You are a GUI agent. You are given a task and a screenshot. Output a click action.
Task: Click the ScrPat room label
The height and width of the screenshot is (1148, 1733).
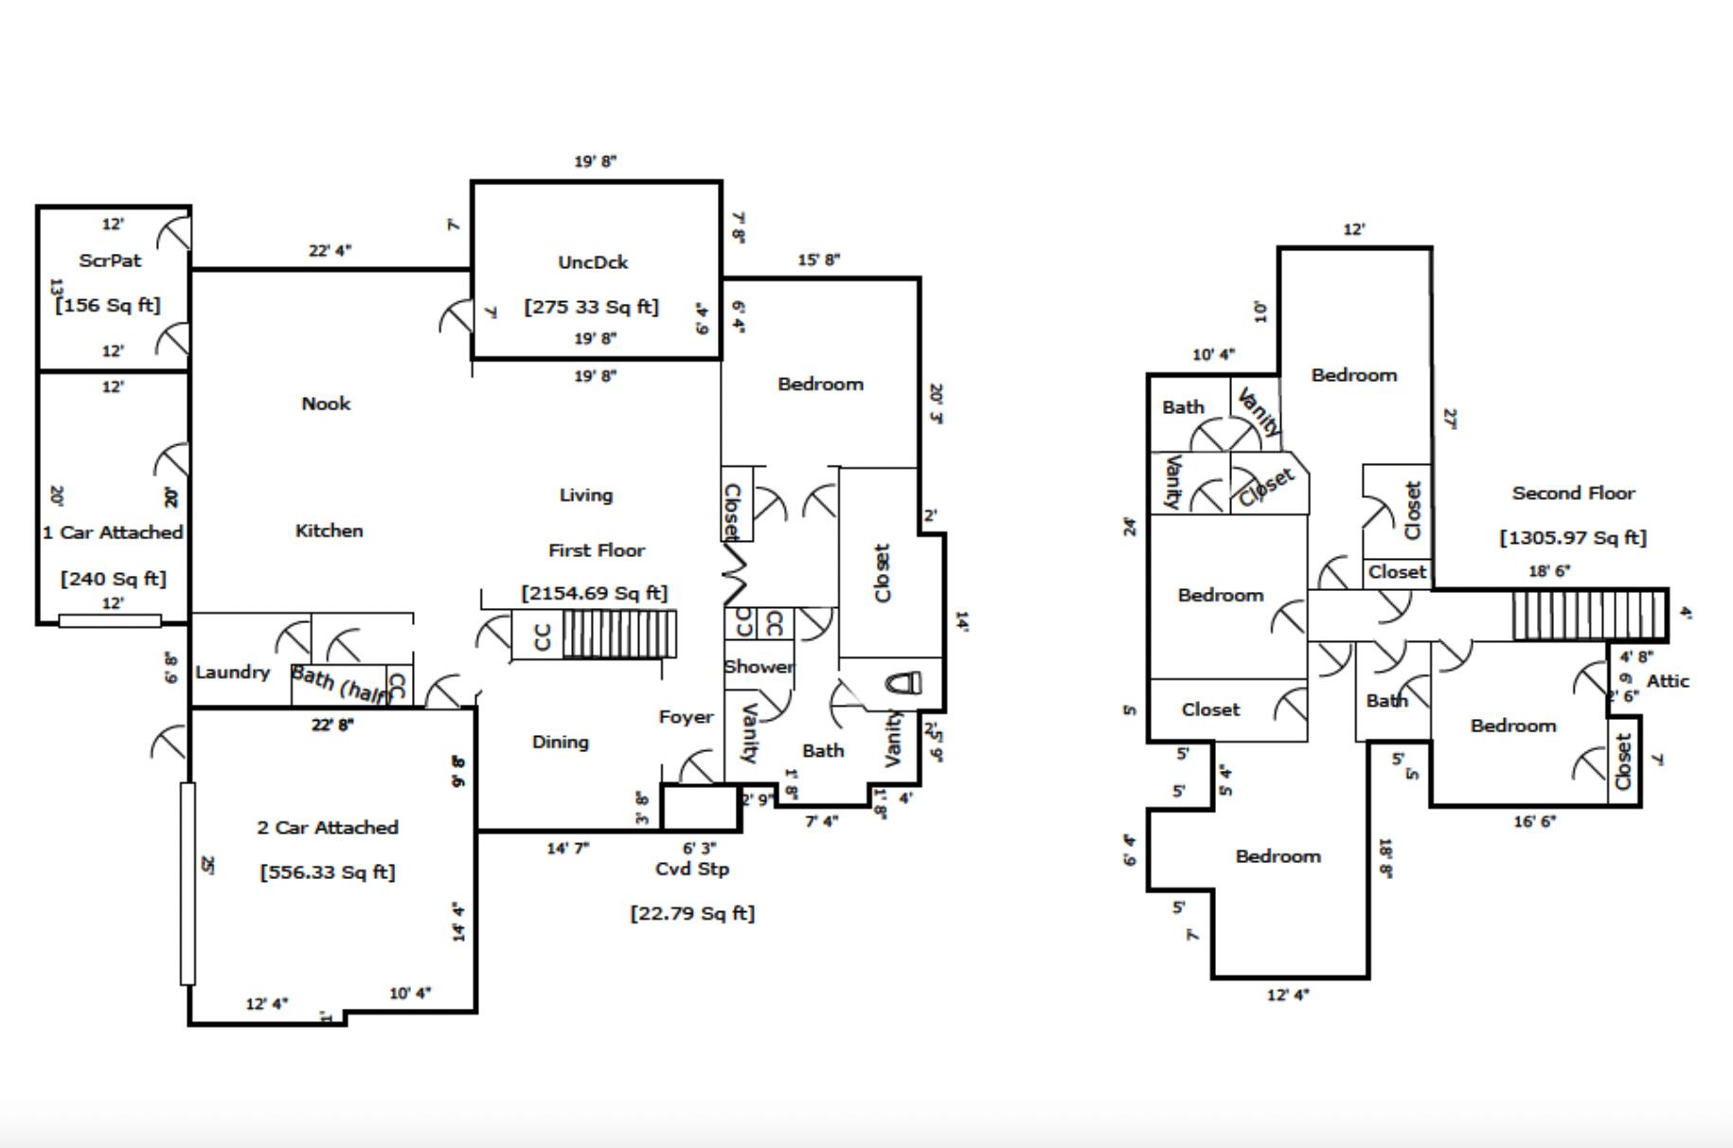(x=110, y=260)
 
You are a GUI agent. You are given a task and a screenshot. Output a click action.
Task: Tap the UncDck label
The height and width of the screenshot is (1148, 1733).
(x=593, y=262)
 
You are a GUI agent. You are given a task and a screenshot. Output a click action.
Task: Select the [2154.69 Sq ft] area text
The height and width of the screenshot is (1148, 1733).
(x=595, y=593)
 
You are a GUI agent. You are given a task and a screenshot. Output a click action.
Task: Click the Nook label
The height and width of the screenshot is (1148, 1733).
(x=326, y=404)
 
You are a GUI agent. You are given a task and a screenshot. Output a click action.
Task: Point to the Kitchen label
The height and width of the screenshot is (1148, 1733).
(x=329, y=530)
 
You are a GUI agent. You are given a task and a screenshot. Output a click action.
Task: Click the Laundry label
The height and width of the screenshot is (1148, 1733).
(x=232, y=673)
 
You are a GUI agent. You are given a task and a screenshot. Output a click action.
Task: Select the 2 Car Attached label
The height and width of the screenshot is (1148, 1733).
(x=328, y=827)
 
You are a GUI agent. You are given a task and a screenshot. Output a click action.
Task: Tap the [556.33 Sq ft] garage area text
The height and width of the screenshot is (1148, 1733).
(x=328, y=871)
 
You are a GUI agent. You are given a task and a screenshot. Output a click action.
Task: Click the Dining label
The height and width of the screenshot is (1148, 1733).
(x=560, y=742)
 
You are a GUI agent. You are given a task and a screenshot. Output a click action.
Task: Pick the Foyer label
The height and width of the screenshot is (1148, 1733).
(x=686, y=717)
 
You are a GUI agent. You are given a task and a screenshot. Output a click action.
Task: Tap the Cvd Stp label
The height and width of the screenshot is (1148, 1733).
(x=692, y=869)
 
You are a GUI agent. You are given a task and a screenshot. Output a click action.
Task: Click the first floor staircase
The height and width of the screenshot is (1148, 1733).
(x=620, y=634)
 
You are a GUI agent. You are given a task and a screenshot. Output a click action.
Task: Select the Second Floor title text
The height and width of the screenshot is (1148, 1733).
(x=1573, y=493)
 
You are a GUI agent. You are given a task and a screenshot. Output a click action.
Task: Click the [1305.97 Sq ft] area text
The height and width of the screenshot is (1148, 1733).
(x=1573, y=537)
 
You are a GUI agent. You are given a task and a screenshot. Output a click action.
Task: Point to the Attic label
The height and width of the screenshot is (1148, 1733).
(x=1668, y=681)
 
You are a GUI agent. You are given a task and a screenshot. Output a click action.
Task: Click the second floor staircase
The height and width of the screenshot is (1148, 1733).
(x=1589, y=615)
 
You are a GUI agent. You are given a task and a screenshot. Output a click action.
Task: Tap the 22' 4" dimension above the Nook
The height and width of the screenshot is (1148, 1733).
(x=330, y=251)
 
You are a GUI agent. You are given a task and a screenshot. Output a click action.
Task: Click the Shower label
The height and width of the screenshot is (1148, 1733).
(x=759, y=667)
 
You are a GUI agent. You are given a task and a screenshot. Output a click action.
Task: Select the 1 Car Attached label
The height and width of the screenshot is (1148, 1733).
(x=113, y=532)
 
